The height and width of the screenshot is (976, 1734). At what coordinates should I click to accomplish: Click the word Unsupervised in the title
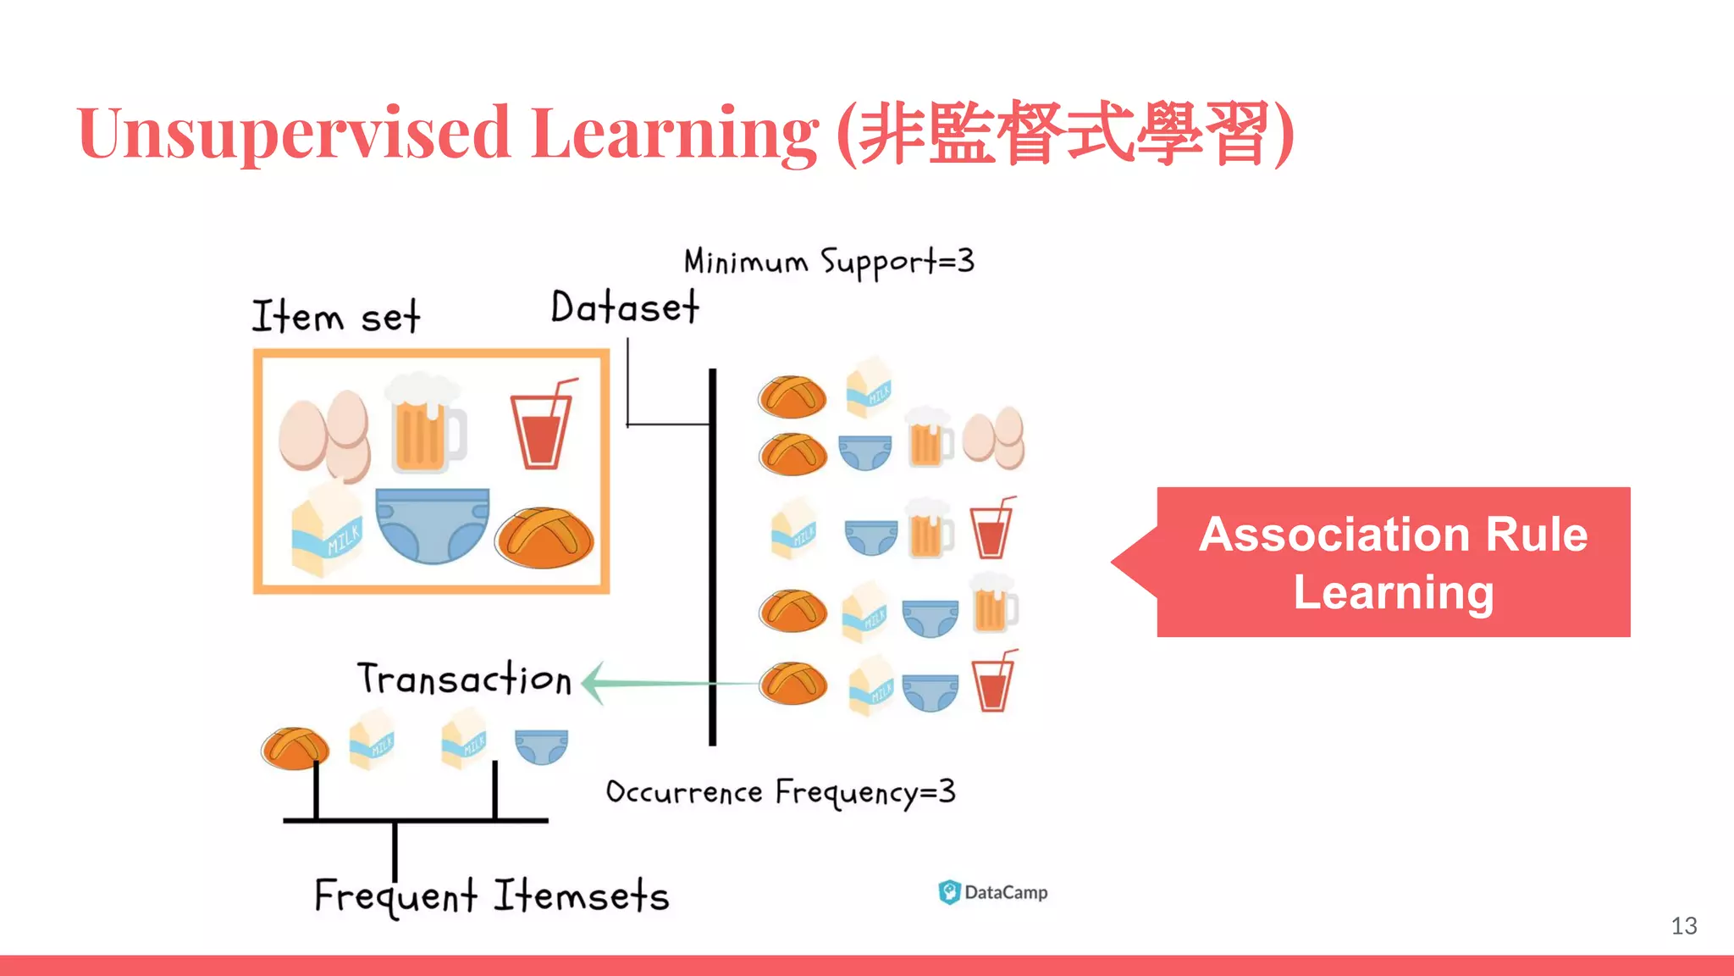coord(293,133)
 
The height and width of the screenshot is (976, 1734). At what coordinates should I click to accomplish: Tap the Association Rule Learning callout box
coord(1393,563)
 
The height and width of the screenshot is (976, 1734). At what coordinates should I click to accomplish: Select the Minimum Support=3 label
coord(828,262)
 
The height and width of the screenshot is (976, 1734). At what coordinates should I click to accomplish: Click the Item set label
coord(335,317)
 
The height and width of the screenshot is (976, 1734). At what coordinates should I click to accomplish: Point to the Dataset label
coord(625,308)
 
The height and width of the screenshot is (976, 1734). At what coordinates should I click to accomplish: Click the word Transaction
coord(464,679)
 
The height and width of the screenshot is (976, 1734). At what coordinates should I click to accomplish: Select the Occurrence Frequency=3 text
coord(780,793)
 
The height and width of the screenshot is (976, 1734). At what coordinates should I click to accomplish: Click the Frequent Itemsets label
coord(491,896)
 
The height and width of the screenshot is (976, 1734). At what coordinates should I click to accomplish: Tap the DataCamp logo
coord(992,892)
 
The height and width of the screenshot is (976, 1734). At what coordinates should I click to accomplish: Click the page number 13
coord(1683,926)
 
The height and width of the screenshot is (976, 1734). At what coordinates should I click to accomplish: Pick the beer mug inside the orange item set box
coord(426,424)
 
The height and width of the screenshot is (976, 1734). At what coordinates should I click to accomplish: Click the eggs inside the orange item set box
coord(325,434)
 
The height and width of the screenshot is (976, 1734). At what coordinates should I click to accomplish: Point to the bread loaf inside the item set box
coord(545,537)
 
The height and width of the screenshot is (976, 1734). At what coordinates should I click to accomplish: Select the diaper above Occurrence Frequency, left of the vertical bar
coord(541,746)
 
